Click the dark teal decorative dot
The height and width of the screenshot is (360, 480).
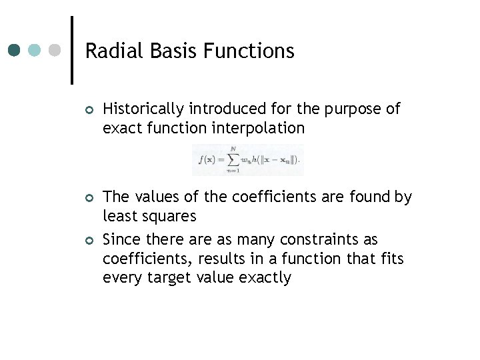click(15, 50)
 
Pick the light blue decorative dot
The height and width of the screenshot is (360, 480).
click(35, 50)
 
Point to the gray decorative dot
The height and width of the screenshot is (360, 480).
click(55, 50)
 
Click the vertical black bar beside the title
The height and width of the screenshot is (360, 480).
click(72, 50)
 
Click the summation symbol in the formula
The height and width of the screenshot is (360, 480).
click(233, 159)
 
